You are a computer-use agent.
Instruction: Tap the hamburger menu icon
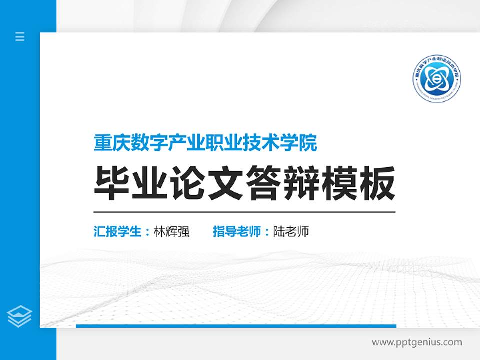pos(20,36)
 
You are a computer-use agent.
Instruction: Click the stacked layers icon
pos(20,316)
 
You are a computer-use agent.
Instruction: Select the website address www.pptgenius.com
pos(417,342)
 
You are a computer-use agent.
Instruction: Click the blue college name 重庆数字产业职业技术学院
pos(205,144)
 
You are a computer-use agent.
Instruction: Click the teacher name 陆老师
pos(291,232)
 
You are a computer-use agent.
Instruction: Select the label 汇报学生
pos(118,232)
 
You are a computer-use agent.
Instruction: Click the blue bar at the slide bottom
pos(236,326)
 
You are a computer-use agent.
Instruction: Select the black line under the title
pos(244,212)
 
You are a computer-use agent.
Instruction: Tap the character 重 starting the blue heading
pos(102,144)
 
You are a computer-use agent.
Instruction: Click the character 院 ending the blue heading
pos(309,144)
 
